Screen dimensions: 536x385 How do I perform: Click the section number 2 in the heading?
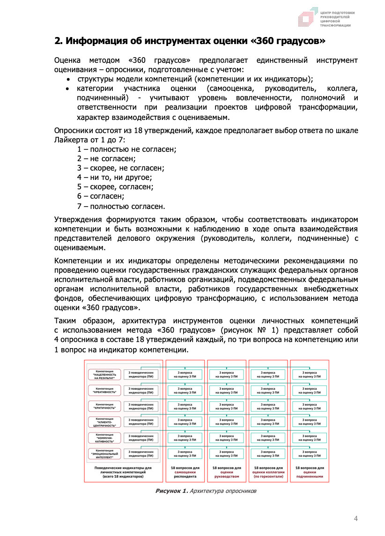click(x=58, y=41)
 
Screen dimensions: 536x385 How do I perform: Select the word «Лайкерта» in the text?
click(x=73, y=140)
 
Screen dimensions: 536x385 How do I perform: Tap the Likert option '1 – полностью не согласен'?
click(x=126, y=149)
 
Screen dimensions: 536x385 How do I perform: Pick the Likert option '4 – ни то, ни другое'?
click(x=115, y=178)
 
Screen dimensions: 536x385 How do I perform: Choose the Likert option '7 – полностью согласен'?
click(x=121, y=206)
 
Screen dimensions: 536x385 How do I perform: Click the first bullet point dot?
click(x=68, y=79)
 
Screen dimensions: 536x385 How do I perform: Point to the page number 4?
click(x=355, y=518)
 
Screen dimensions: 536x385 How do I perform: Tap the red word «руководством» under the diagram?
click(x=227, y=476)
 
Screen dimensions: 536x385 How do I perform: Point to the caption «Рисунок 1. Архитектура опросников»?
click(x=206, y=491)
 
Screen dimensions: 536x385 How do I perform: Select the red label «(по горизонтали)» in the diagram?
click(x=268, y=476)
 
